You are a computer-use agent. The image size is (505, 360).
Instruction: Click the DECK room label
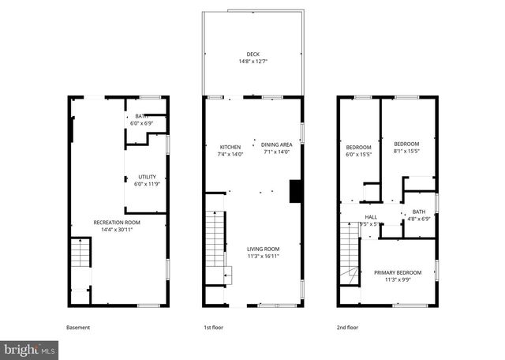tap(252, 54)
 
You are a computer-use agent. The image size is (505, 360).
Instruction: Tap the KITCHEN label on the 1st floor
tap(230, 146)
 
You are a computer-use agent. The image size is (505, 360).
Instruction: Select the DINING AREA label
tap(277, 144)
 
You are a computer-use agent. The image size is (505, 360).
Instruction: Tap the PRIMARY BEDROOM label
tap(398, 272)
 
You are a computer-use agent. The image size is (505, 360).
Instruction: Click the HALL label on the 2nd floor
tap(371, 216)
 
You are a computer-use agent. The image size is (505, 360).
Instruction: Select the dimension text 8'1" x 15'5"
tap(406, 151)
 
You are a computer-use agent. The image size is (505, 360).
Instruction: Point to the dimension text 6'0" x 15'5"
tap(358, 154)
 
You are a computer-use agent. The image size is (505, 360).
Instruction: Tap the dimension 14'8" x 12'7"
tap(252, 61)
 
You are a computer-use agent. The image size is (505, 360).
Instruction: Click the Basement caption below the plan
tap(77, 327)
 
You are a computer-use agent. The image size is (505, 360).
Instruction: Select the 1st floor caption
tap(213, 327)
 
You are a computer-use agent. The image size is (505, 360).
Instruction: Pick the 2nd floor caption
tap(347, 327)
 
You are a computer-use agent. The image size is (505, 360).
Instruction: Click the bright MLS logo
tap(29, 348)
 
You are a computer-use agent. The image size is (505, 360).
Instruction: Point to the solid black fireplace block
tap(296, 192)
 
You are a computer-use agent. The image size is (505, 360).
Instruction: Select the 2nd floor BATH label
tap(418, 211)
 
